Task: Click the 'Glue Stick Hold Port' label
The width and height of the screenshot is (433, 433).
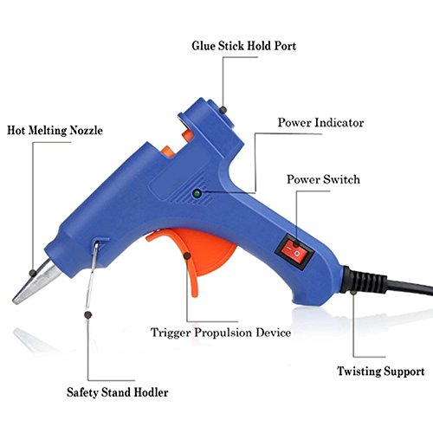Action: click(x=244, y=46)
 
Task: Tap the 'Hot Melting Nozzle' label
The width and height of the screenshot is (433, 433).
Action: click(x=55, y=130)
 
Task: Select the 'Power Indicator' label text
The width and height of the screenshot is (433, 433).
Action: click(x=320, y=123)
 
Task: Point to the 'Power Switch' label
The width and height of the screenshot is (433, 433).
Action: click(x=323, y=179)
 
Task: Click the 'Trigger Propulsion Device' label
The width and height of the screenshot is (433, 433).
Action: click(x=221, y=333)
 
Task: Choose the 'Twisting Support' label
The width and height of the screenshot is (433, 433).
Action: click(x=381, y=371)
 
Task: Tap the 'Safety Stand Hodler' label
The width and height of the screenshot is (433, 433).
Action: click(x=118, y=392)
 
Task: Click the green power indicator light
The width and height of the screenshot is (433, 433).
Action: click(x=197, y=193)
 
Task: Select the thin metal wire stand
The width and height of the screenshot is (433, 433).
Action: click(x=93, y=275)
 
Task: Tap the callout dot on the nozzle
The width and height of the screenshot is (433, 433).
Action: click(x=33, y=273)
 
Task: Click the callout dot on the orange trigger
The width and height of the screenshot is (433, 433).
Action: click(x=187, y=255)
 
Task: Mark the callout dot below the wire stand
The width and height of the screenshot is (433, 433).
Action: click(x=88, y=315)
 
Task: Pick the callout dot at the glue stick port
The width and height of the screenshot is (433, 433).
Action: click(x=223, y=110)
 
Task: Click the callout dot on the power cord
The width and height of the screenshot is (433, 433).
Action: click(x=353, y=292)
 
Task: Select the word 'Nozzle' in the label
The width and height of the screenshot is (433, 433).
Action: click(x=87, y=130)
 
